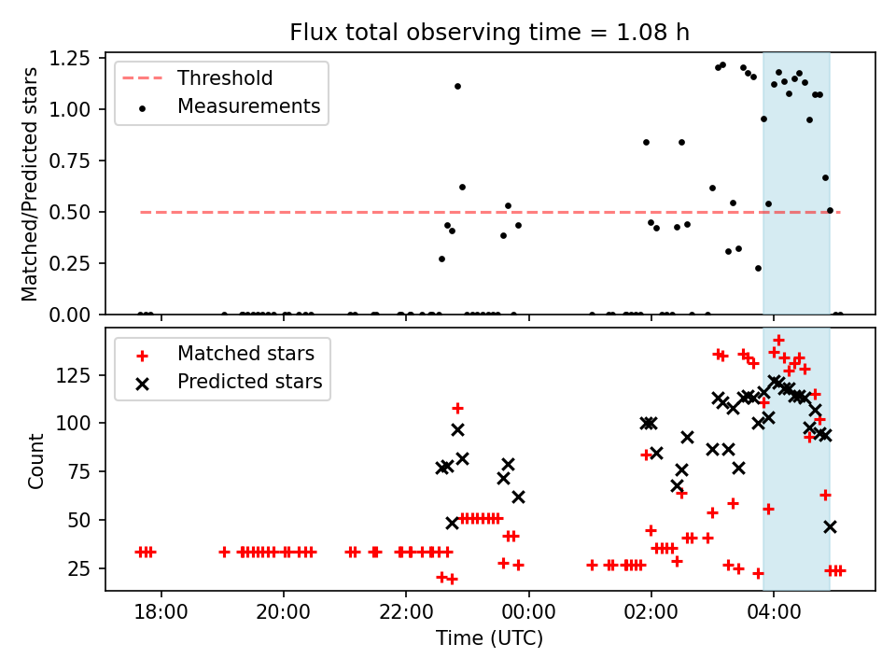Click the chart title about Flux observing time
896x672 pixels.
[x=489, y=33]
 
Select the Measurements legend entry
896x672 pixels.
[x=248, y=106]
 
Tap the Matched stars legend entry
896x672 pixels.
[x=245, y=354]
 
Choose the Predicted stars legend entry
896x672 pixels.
[x=249, y=382]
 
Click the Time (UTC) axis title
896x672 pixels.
[x=489, y=639]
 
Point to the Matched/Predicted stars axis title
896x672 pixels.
[x=30, y=184]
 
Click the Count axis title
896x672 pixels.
[x=36, y=460]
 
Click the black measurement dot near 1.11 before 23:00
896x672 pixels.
[x=457, y=86]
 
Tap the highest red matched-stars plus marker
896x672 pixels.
[x=778, y=341]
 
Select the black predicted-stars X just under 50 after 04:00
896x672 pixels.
[x=830, y=526]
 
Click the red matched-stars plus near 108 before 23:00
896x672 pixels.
[x=457, y=408]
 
